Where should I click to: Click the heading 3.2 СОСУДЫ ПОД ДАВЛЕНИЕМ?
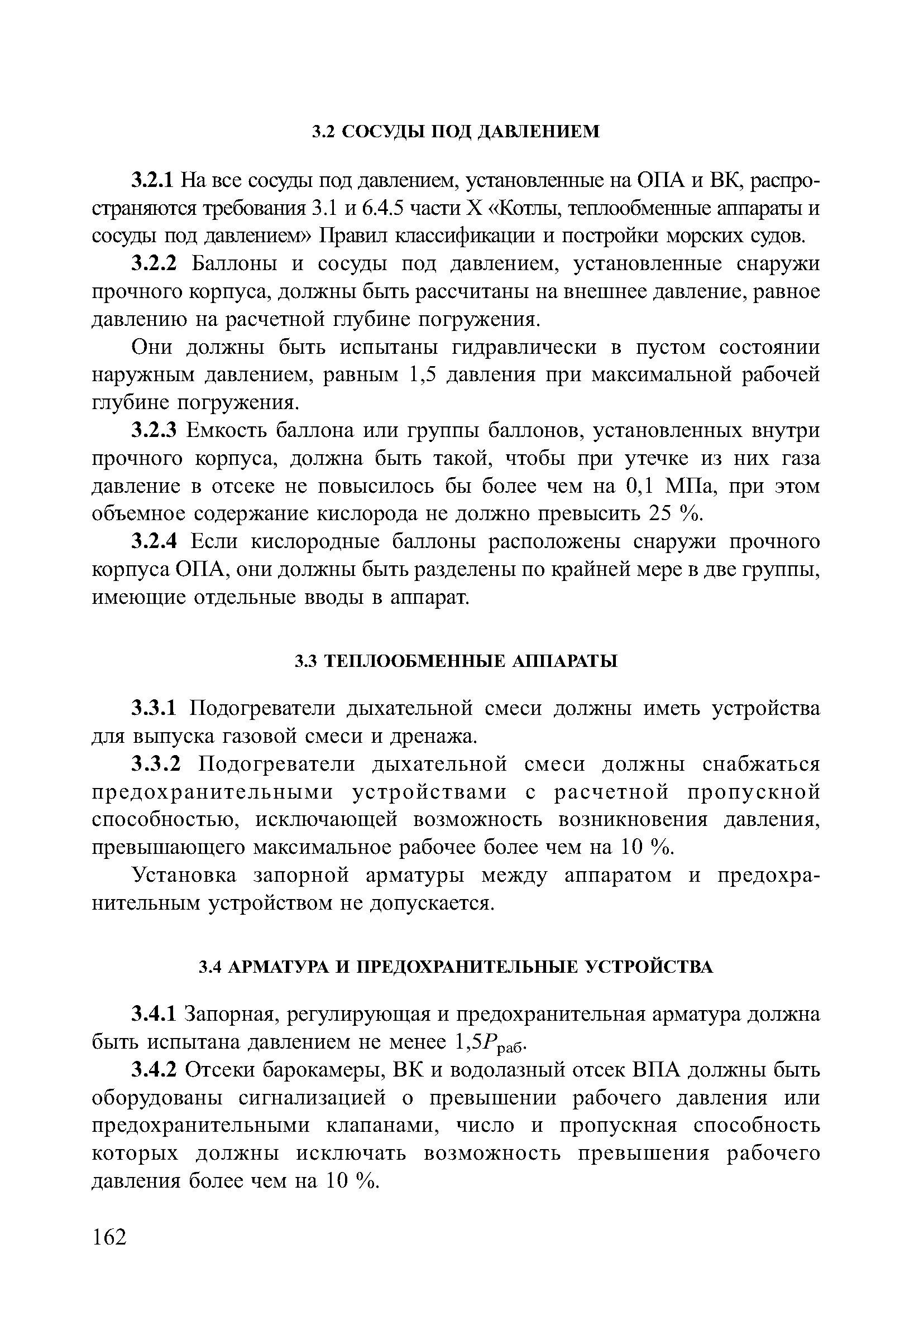(x=455, y=132)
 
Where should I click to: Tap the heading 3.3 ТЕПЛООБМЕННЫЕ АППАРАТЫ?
(x=455, y=662)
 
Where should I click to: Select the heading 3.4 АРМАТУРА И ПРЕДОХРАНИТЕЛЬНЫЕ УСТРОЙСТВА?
(x=455, y=967)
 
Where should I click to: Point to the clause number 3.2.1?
(x=152, y=181)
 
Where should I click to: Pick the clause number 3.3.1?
(x=156, y=708)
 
